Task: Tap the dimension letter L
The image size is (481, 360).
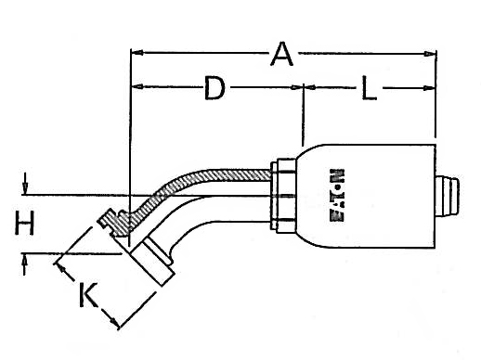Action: pos(368,91)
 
